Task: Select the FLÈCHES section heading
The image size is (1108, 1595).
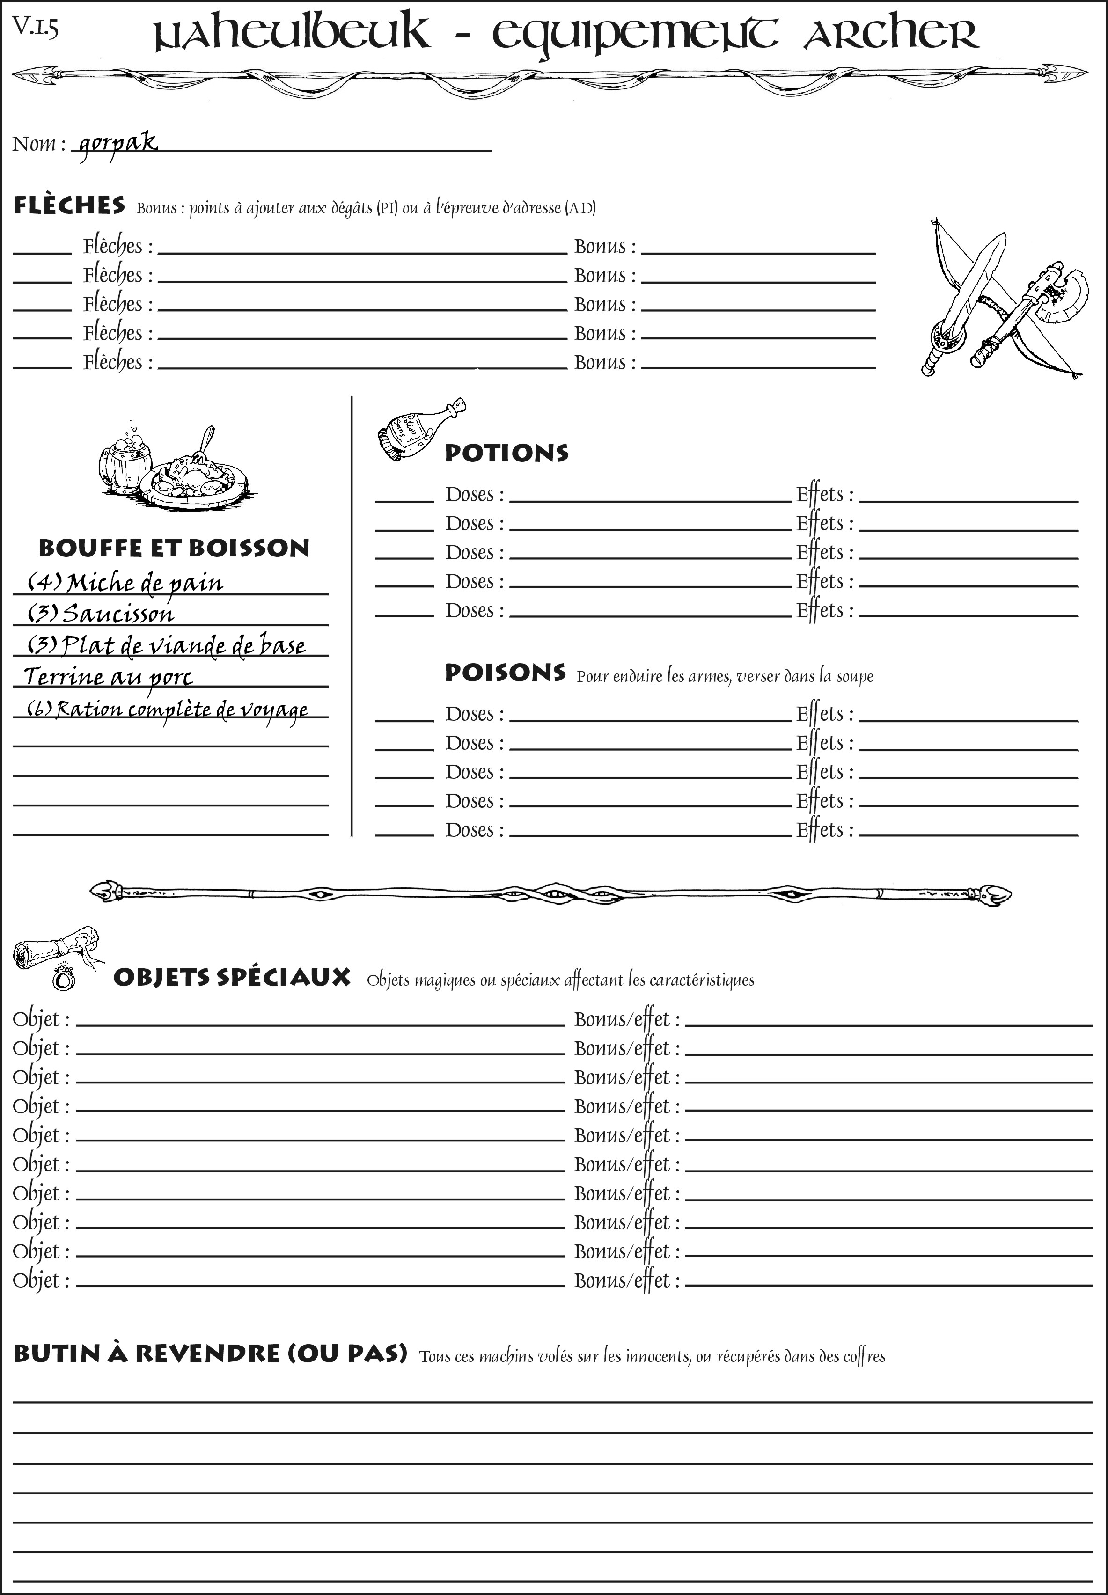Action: coord(69,205)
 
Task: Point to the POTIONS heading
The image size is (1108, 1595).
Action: coord(506,453)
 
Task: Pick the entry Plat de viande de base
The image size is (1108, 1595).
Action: coord(167,645)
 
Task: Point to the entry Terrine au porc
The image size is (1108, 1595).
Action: coord(108,677)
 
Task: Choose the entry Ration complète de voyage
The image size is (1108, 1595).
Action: coord(167,710)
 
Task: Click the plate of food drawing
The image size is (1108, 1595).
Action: coord(194,476)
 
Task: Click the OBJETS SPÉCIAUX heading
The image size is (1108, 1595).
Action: coord(231,977)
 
